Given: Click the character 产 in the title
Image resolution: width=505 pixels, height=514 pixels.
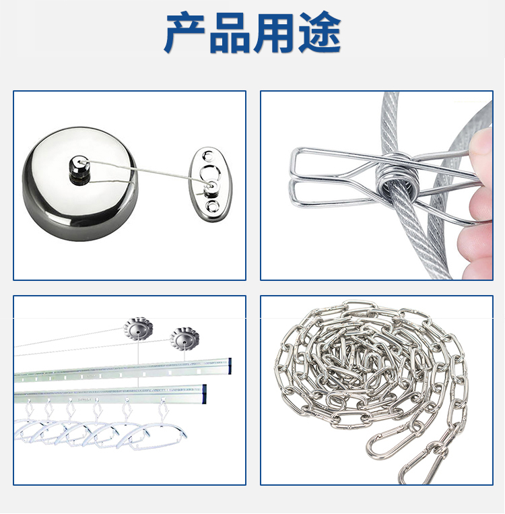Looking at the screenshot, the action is click(185, 32).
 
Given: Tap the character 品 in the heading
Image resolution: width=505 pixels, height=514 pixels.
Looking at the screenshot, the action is click(230, 33).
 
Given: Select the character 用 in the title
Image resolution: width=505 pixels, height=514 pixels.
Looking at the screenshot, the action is click(274, 33).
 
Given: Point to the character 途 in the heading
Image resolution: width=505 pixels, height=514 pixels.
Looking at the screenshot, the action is click(319, 32).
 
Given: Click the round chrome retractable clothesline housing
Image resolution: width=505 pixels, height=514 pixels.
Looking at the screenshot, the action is click(80, 184).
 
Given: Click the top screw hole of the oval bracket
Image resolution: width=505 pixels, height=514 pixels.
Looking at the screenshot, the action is click(208, 155).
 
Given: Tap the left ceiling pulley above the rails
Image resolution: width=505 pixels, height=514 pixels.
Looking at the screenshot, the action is click(138, 330).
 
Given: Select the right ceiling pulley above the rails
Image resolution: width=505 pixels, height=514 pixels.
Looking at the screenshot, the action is click(184, 340).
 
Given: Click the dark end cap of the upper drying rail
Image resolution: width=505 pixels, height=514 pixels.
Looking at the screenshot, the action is click(230, 366).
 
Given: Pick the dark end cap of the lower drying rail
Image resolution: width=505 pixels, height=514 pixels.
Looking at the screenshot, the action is click(204, 393).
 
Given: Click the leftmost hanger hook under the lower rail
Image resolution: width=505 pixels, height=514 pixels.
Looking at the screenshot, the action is click(29, 409).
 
